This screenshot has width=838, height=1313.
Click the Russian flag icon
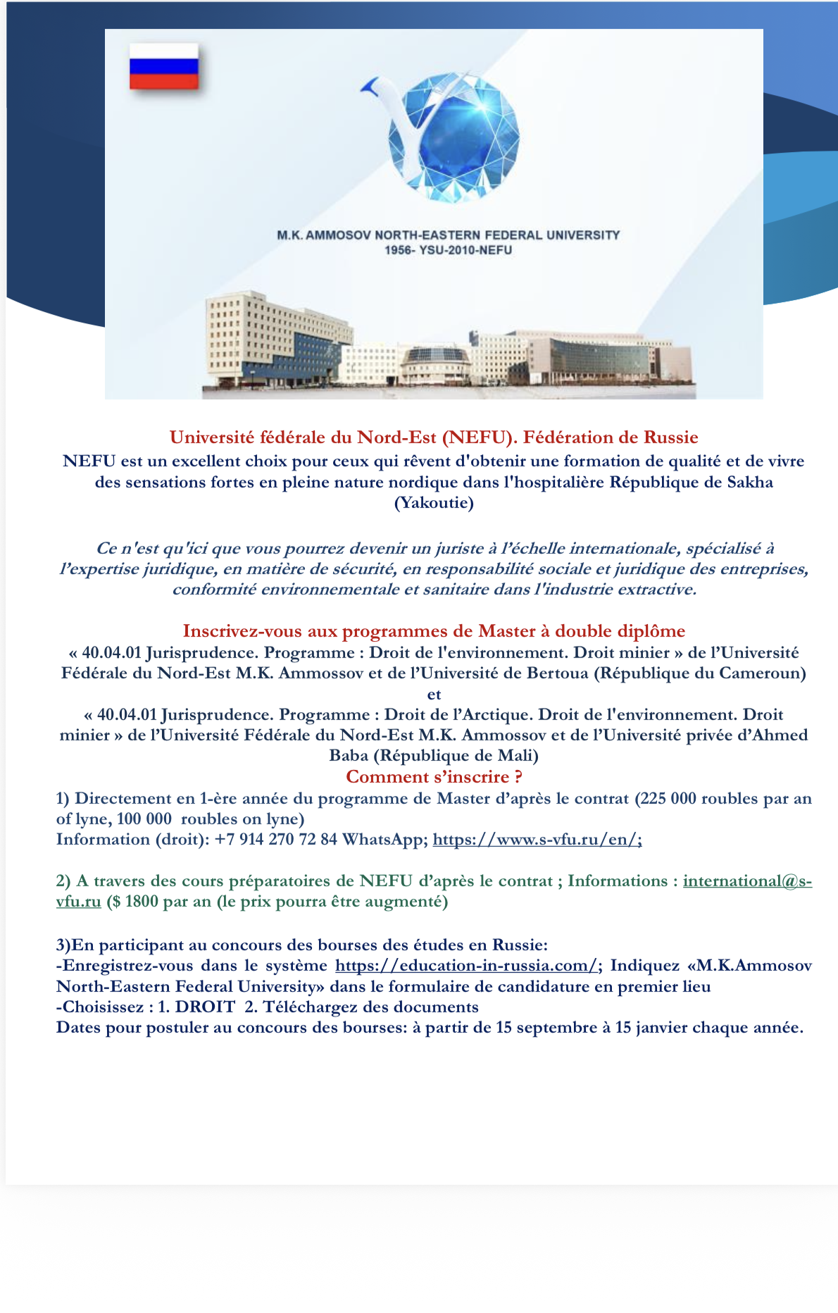pos(163,66)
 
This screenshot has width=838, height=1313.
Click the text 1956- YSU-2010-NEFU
pos(448,250)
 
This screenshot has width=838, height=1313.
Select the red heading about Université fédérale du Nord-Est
pos(434,437)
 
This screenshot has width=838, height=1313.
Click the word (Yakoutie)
pos(434,503)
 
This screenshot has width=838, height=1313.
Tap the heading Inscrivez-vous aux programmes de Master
pos(434,630)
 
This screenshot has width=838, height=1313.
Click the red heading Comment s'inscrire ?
pos(434,777)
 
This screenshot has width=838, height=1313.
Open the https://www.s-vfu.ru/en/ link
pos(537,840)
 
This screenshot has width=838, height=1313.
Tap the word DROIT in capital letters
pos(205,1007)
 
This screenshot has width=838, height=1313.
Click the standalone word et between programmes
pos(434,694)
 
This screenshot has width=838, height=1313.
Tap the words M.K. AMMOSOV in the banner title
pos(324,235)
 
